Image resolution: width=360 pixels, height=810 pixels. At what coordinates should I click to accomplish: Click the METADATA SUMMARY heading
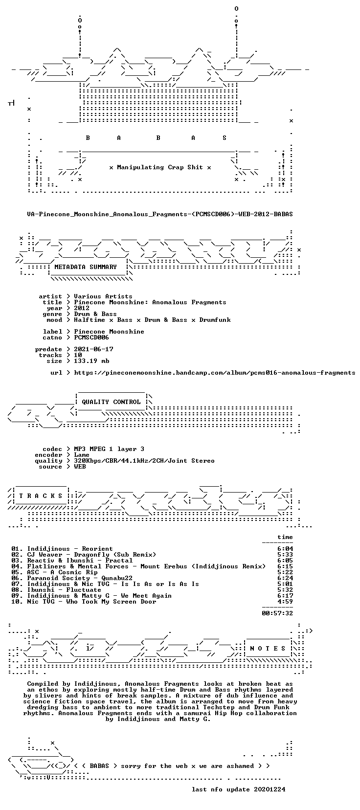[x=85, y=267]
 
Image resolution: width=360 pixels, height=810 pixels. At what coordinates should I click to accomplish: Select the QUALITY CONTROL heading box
[x=111, y=402]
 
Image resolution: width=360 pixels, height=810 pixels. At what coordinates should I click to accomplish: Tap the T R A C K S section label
[x=41, y=496]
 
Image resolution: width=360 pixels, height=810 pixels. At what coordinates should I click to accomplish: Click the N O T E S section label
[x=268, y=649]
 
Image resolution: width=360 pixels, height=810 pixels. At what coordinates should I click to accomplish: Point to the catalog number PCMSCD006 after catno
[x=91, y=337]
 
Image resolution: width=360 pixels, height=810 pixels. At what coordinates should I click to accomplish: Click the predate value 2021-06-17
[x=93, y=349]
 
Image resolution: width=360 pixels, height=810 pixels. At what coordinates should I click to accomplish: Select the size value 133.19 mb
[x=91, y=361]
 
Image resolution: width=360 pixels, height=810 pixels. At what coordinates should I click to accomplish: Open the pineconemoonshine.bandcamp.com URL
[x=215, y=373]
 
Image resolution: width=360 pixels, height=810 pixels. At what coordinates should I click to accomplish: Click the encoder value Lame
[x=82, y=455]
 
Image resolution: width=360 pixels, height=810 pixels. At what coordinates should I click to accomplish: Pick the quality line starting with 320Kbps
[x=144, y=461]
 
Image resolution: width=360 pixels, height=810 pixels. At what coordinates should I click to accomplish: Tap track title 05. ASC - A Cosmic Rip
[x=54, y=572]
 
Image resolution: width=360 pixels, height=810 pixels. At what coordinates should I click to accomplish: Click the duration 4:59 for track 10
[x=285, y=601]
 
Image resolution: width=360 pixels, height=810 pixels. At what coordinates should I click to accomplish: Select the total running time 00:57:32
[x=277, y=613]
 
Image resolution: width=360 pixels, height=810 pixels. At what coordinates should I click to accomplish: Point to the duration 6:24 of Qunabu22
[x=285, y=578]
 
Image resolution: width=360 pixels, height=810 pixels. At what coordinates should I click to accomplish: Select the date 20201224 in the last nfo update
[x=270, y=789]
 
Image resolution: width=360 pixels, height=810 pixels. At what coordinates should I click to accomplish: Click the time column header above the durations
[x=285, y=537]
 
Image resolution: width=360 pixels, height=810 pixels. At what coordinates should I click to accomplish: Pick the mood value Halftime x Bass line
[x=152, y=320]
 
